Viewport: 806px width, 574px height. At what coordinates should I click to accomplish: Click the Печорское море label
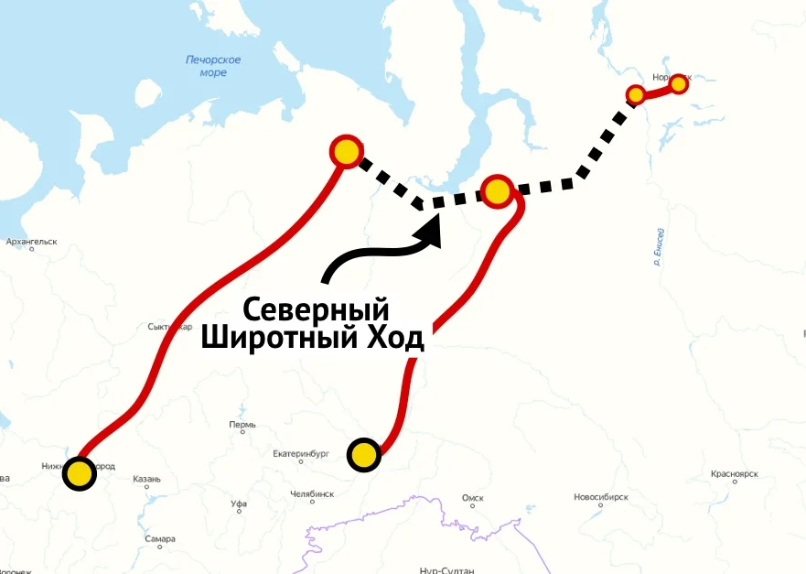[x=212, y=66]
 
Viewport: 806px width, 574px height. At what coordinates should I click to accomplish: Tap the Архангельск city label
[x=31, y=243]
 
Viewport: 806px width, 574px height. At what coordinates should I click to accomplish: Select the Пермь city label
[x=242, y=426]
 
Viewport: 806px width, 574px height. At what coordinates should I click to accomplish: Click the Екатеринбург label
[x=300, y=453]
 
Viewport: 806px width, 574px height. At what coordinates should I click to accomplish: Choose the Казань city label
[x=146, y=479]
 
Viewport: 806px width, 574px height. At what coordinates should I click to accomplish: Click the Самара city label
[x=159, y=539]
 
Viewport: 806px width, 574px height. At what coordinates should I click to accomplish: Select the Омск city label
[x=472, y=498]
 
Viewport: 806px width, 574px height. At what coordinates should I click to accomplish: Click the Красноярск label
[x=735, y=474]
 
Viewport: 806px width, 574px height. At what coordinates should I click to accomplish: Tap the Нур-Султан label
[x=446, y=570]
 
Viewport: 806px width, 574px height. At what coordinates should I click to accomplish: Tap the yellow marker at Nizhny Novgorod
[x=80, y=473]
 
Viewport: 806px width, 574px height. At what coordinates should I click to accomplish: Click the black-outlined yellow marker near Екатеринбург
[x=364, y=455]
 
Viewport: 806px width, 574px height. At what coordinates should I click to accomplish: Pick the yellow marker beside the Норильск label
[x=678, y=84]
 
